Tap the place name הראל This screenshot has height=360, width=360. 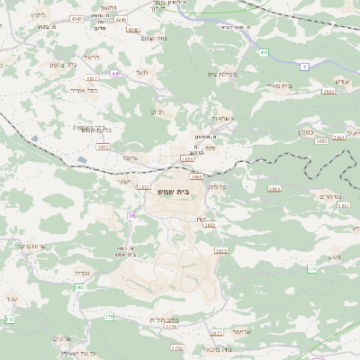pyautogui.click(x=91, y=57)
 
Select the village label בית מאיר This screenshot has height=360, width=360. pyautogui.click(x=283, y=85)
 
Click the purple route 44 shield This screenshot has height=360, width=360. pyautogui.click(x=115, y=73)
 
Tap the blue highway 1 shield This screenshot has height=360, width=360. pyautogui.click(x=304, y=67)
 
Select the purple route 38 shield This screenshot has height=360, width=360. pyautogui.click(x=131, y=215)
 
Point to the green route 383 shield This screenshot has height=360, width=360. pyautogui.click(x=78, y=287)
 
